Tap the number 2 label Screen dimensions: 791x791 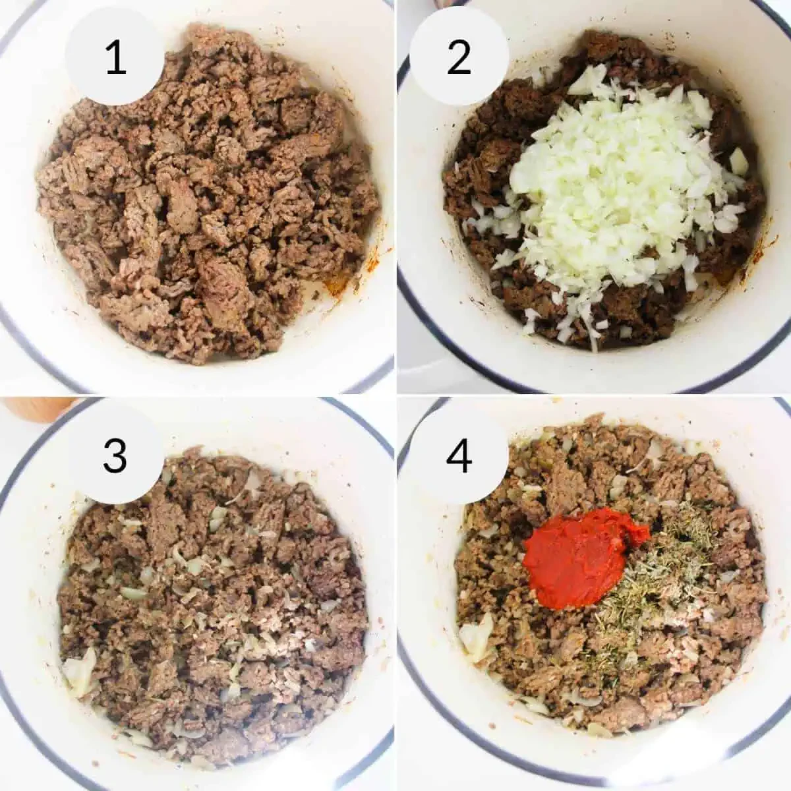pos(459,58)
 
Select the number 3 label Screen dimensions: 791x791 pos(115,455)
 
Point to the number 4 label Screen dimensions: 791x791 pos(459,455)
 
